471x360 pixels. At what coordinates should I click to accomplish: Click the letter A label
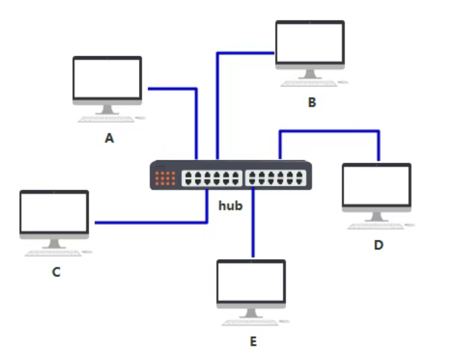click(109, 138)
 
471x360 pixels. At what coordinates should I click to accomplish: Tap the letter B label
click(312, 103)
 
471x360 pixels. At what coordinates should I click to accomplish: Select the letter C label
click(56, 272)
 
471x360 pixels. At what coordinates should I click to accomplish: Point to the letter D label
click(378, 245)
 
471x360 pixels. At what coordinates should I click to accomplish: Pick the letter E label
click(253, 342)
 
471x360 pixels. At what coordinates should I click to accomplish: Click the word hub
click(231, 206)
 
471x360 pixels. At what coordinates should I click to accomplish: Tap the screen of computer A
click(107, 77)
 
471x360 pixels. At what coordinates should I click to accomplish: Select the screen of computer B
click(310, 42)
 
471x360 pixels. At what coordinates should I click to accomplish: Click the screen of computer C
click(54, 212)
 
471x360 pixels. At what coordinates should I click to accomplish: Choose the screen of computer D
click(376, 185)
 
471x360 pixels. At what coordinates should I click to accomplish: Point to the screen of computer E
click(251, 281)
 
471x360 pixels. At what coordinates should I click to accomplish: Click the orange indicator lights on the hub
click(165, 178)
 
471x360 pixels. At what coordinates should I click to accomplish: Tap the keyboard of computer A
click(106, 119)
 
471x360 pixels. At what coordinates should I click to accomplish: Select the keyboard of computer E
click(250, 323)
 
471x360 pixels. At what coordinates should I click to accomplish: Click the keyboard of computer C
click(53, 253)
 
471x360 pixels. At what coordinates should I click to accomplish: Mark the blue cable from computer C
click(149, 223)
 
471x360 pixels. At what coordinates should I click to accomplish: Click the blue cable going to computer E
click(253, 226)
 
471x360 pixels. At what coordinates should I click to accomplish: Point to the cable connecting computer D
click(331, 131)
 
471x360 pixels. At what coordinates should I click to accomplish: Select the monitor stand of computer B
click(310, 74)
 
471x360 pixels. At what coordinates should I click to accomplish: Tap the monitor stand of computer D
click(376, 217)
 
